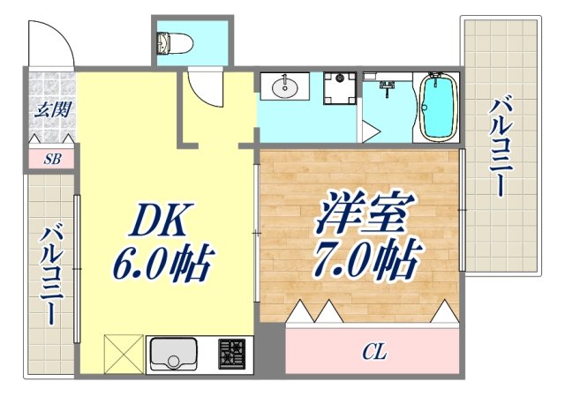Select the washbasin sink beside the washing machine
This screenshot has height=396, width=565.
(x=285, y=87)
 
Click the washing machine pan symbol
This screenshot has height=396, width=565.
(x=335, y=88)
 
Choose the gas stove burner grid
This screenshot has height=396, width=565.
(x=233, y=355)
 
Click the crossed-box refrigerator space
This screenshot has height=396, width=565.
(x=122, y=355)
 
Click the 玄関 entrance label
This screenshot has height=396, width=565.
(x=48, y=111)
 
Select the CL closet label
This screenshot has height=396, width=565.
(x=374, y=354)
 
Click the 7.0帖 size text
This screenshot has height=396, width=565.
(x=361, y=259)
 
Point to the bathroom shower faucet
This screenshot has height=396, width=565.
(x=387, y=87)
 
